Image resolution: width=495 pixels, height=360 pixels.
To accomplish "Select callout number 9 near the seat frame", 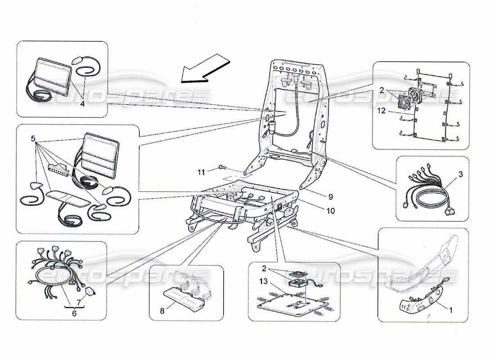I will tap(330, 196).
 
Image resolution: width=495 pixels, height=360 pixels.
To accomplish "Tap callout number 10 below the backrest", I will tap(331, 211).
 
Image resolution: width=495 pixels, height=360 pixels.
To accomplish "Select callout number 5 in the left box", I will tap(32, 138).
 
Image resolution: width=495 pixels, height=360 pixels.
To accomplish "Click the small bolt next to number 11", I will tap(220, 168).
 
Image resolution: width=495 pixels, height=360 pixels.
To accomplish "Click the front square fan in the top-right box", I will tap(405, 101).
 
